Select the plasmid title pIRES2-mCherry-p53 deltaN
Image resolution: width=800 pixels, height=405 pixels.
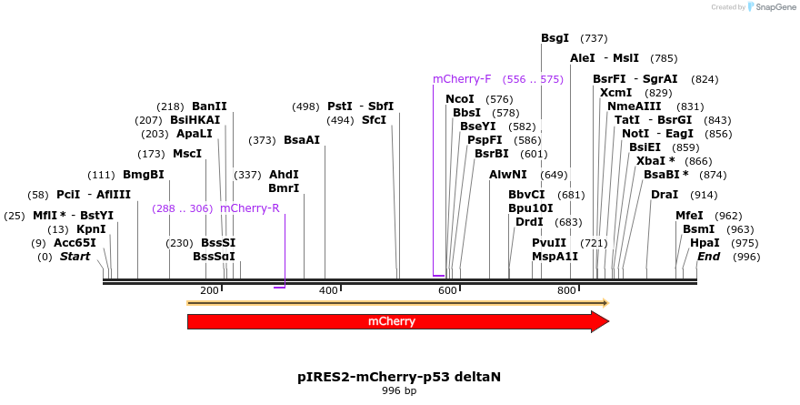399,376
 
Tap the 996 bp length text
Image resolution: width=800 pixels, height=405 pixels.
399,390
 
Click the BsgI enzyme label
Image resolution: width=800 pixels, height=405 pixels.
555,38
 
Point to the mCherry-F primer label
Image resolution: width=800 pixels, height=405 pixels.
462,79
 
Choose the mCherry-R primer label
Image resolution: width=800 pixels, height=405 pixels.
250,208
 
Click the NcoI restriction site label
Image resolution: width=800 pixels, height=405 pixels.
460,99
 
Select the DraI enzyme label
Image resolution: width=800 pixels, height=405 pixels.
665,195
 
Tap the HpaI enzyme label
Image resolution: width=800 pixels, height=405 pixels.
705,243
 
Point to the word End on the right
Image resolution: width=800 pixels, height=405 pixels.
709,257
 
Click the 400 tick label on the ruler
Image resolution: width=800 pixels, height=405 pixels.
328,290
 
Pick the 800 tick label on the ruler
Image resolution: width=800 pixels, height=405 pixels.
566,290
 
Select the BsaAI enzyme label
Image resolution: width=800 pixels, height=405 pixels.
302,140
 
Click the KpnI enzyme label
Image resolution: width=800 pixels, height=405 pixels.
91,229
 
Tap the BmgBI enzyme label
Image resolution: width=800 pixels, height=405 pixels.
144,175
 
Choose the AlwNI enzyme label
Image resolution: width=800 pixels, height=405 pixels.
507,175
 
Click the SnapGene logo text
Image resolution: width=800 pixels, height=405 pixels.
770,7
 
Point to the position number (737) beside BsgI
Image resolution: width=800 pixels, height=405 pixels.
593,38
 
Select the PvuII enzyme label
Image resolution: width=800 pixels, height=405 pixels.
549,243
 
